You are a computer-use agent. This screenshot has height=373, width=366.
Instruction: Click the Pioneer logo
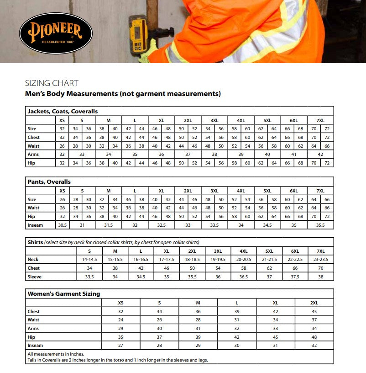point(56,32)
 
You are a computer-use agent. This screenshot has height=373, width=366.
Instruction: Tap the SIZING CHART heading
point(52,83)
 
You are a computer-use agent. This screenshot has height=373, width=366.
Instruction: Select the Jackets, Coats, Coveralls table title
point(63,111)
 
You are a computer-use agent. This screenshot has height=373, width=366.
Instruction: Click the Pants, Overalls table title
point(49,181)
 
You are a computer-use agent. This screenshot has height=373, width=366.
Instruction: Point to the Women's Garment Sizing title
point(64,294)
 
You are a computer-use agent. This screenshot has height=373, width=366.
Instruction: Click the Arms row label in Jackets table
point(33,155)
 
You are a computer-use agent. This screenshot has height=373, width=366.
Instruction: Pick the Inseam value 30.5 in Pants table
point(62,225)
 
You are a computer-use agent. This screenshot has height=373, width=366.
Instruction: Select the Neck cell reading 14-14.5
point(89,260)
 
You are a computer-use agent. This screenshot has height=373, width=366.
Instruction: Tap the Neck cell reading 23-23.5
point(321,260)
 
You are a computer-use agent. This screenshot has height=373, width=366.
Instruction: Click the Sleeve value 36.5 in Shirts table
point(244,277)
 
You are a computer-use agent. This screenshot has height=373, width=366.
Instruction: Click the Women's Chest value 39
point(237,312)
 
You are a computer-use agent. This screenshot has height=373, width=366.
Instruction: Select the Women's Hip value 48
point(314,337)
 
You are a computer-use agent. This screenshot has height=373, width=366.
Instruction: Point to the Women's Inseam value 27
point(121,346)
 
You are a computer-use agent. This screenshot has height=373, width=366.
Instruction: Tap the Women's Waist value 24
point(121,320)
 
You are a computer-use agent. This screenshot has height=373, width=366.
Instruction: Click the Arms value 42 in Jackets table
point(320,155)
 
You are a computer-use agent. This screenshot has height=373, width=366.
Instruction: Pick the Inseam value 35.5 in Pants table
point(320,225)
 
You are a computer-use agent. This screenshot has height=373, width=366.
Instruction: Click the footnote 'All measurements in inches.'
point(56,354)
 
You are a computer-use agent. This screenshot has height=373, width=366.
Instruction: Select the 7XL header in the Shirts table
point(321,251)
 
